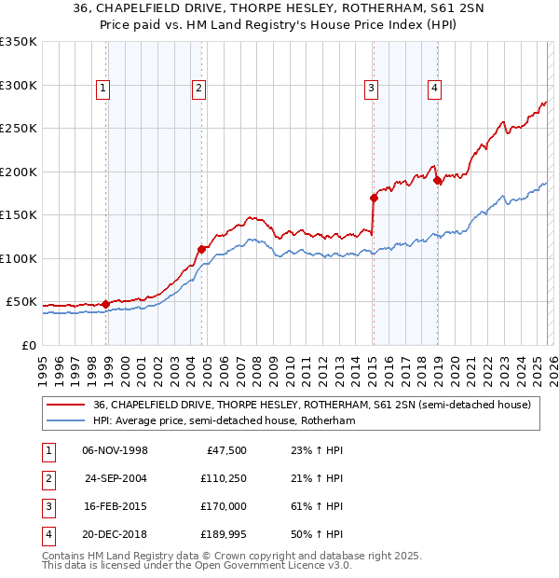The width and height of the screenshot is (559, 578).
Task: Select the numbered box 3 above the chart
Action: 371,89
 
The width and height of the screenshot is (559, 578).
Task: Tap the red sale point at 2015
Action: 374,198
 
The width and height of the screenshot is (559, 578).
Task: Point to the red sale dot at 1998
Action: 105,304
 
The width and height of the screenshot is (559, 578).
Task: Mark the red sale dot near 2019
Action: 437,180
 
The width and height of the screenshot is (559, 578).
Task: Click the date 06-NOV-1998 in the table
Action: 115,450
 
